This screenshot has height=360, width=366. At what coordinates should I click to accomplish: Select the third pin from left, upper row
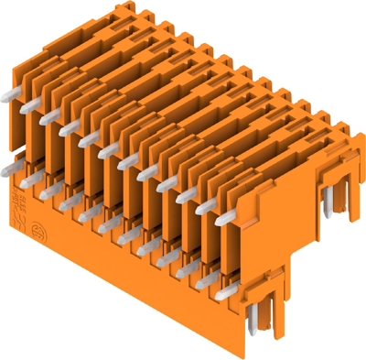(x=69, y=129)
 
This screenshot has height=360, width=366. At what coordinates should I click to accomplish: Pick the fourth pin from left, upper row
(x=90, y=140)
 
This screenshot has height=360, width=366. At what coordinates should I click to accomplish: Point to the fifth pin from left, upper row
(x=109, y=150)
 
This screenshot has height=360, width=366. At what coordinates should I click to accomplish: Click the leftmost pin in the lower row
(x=19, y=166)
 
